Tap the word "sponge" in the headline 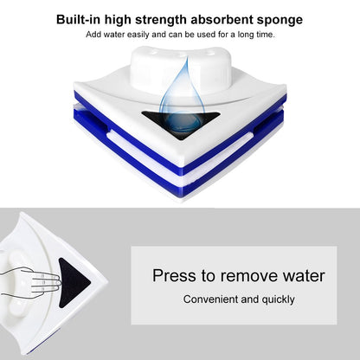pyautogui.click(x=277, y=18)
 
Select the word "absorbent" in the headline pyautogui.click(x=216, y=18)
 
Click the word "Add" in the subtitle pyautogui.click(x=94, y=34)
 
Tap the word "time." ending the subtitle pyautogui.click(x=262, y=34)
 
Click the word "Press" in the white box pyautogui.click(x=174, y=276)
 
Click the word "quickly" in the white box pyautogui.click(x=276, y=299)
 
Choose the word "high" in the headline pyautogui.click(x=119, y=18)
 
